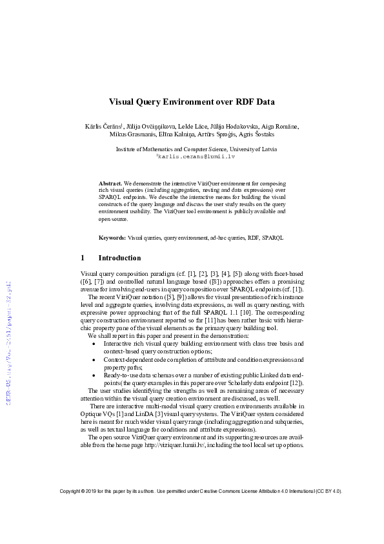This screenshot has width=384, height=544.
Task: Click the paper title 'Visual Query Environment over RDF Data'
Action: click(191, 101)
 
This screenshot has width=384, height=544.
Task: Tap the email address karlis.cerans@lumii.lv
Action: click(192, 156)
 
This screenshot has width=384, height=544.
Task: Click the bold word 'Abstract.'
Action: click(110, 183)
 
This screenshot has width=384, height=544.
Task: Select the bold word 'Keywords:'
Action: click(112, 238)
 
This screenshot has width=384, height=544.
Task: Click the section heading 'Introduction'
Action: click(119, 258)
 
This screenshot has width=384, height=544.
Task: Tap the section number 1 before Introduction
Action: click(82, 258)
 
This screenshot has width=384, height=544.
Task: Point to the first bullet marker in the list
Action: click(94, 344)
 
